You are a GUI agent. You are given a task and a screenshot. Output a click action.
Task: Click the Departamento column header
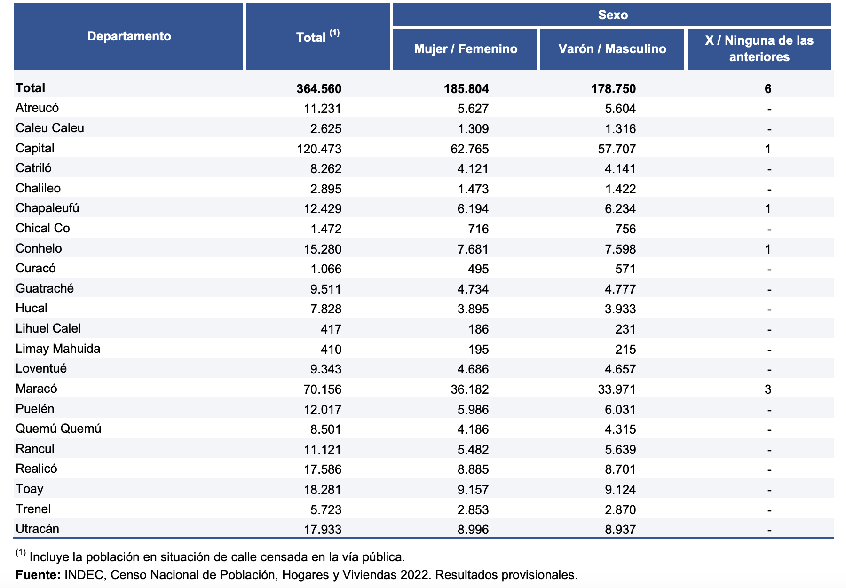(x=129, y=36)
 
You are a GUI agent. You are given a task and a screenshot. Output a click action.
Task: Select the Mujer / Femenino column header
(x=466, y=49)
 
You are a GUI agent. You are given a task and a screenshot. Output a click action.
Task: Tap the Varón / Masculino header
(x=612, y=49)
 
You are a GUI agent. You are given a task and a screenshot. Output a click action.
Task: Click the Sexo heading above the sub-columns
(x=613, y=15)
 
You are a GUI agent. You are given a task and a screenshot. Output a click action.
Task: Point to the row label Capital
(x=35, y=148)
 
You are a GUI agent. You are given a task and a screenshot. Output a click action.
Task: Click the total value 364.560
(x=319, y=89)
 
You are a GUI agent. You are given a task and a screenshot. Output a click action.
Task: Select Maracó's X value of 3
(x=768, y=389)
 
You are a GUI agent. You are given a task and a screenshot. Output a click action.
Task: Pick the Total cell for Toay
(x=322, y=490)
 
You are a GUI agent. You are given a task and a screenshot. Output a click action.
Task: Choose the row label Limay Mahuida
(x=58, y=349)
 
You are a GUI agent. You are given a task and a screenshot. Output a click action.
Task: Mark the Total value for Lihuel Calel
(x=331, y=329)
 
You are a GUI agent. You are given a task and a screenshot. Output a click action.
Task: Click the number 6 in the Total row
(x=768, y=89)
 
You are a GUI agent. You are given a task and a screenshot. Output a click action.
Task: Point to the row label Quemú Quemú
(x=58, y=429)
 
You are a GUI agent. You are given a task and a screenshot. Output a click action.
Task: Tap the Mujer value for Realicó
(x=473, y=469)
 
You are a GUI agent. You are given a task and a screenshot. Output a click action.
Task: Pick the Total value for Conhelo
(x=322, y=249)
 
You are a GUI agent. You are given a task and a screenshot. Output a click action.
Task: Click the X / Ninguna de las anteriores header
(x=759, y=49)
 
